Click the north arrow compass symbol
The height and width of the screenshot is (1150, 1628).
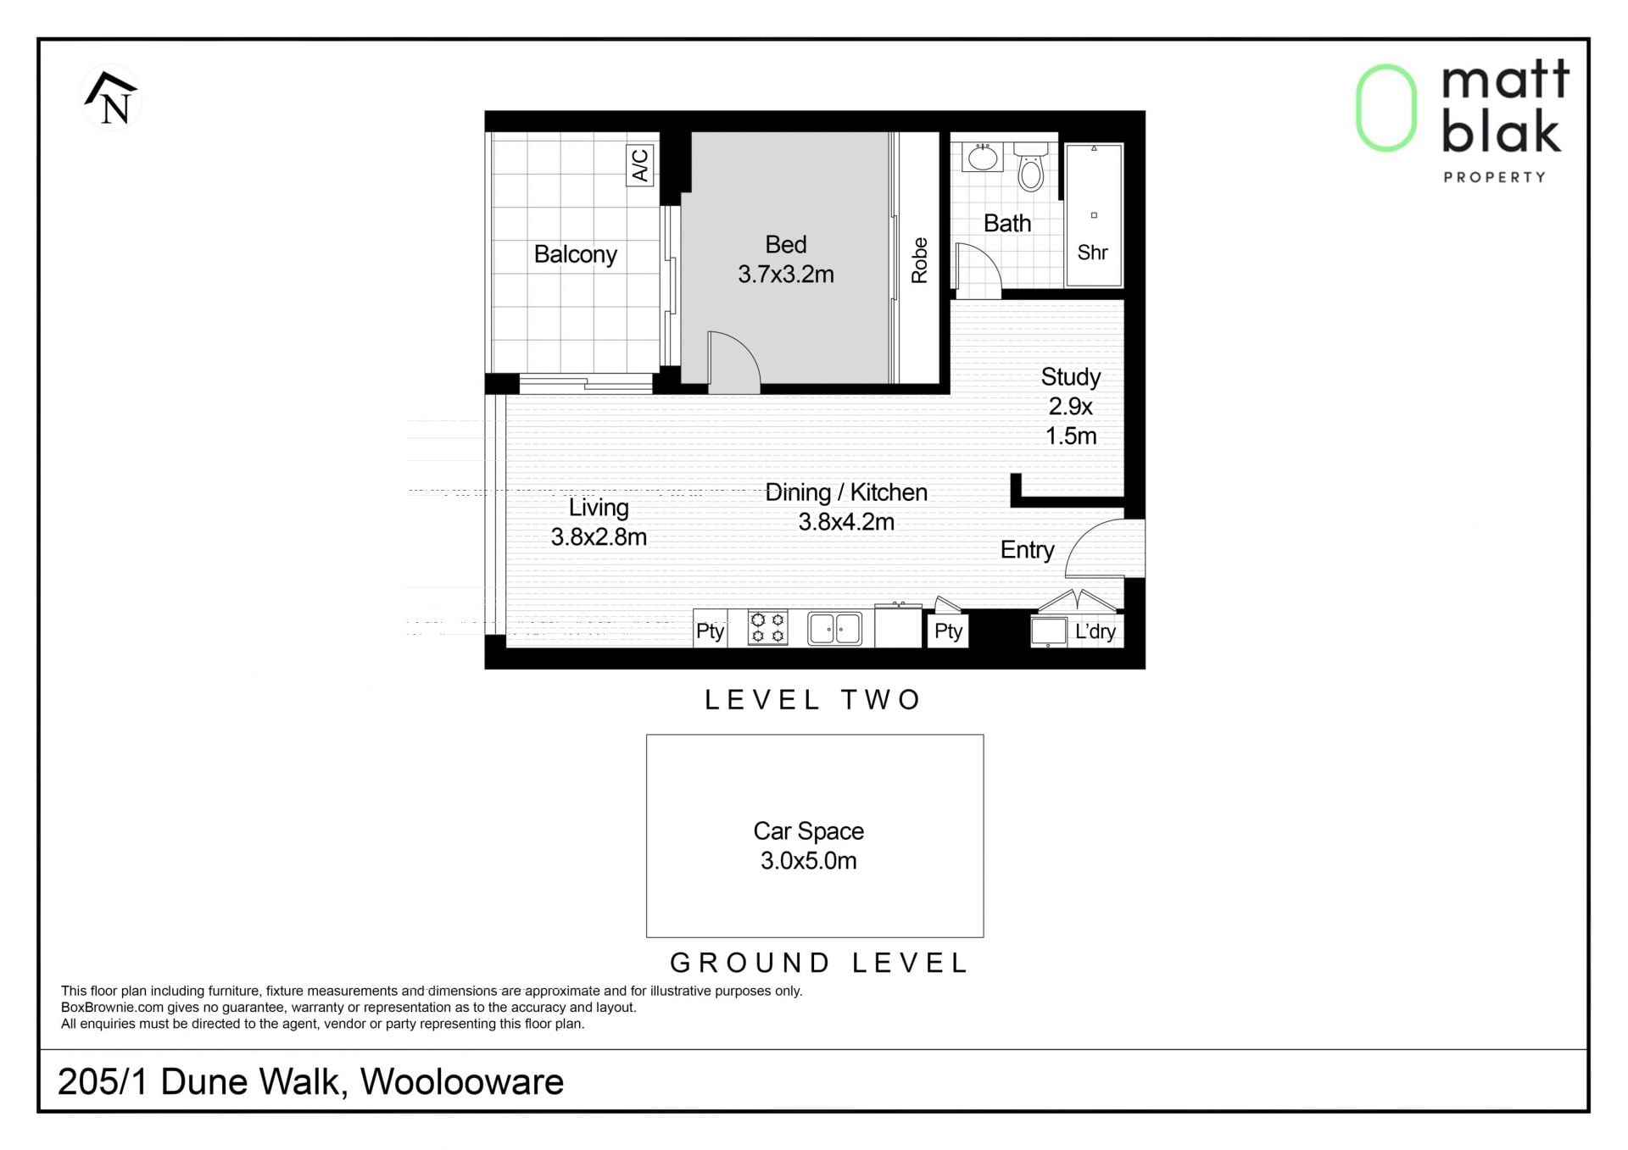tap(111, 98)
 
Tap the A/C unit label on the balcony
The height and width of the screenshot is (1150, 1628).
tap(640, 165)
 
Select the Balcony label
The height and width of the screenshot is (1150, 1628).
tap(575, 254)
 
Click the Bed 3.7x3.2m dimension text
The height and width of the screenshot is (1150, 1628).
tap(786, 275)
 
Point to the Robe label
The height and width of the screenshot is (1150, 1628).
tap(919, 259)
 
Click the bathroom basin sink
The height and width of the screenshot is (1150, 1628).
tap(984, 157)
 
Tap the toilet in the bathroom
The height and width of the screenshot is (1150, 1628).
tap(1031, 167)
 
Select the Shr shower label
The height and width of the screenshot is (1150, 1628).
tap(1093, 253)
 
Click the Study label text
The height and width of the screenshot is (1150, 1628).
tap(1070, 376)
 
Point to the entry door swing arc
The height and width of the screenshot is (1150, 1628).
tap(1102, 547)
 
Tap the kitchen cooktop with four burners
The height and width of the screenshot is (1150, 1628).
tap(767, 628)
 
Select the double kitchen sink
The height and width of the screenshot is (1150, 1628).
tap(834, 629)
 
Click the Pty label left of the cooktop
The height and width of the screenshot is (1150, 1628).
tap(710, 631)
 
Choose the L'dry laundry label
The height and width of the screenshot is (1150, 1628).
tap(1095, 631)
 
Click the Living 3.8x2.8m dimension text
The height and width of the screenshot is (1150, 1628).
tap(599, 537)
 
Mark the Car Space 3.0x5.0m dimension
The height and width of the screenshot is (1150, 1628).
tap(808, 861)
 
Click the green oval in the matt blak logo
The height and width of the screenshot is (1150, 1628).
tap(1386, 108)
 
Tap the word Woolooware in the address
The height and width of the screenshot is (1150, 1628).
tap(462, 1081)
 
